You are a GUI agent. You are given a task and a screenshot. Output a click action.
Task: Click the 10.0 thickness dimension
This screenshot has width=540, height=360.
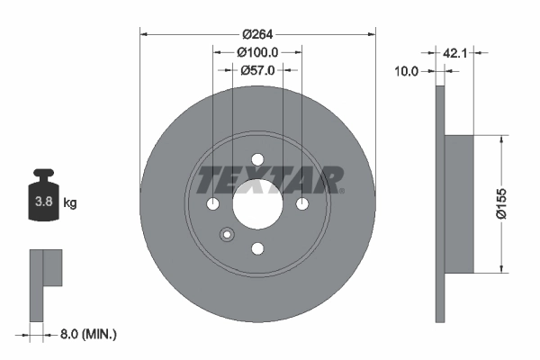click(x=408, y=70)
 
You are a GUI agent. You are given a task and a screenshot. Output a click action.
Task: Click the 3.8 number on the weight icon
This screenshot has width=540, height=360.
click(x=42, y=203)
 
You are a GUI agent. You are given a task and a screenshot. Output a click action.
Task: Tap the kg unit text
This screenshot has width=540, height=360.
click(x=70, y=203)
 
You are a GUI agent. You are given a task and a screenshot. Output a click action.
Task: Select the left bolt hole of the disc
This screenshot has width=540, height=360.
click(x=213, y=204)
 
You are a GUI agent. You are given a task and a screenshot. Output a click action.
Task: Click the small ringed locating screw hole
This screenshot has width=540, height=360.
click(x=226, y=236)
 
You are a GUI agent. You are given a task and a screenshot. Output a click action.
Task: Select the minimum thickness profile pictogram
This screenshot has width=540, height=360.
click(x=45, y=283)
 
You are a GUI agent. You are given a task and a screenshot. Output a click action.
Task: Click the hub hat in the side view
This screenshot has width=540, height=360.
click(x=459, y=203)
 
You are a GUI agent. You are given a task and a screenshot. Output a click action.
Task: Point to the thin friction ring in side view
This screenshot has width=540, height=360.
click(x=440, y=203)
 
